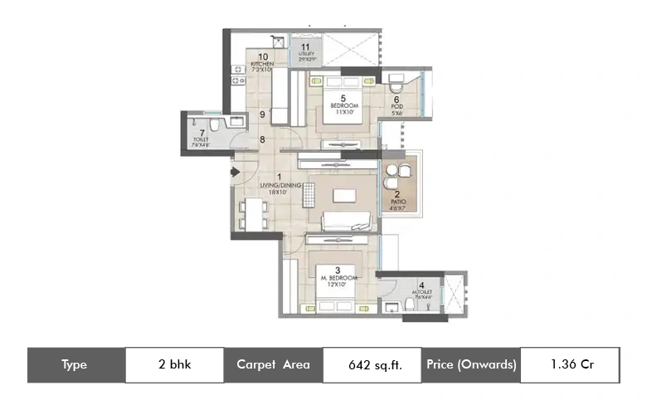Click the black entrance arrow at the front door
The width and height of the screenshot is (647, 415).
tap(236, 173)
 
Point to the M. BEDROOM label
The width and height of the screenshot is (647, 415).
tap(338, 278)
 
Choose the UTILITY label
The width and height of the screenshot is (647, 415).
tap(306, 55)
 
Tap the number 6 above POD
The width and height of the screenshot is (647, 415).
tap(396, 99)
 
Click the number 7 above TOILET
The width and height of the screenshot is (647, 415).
tap(202, 132)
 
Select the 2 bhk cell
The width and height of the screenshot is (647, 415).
tap(173, 364)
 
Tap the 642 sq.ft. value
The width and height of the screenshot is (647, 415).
tap(372, 364)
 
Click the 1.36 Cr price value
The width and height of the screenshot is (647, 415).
tap(570, 364)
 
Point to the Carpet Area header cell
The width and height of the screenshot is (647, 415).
tap(273, 364)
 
